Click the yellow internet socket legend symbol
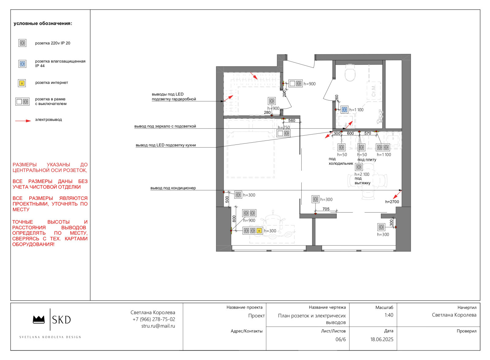coord(22,83)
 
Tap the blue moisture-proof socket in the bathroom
coord(345,110)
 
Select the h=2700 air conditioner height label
coord(392,202)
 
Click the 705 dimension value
coord(326,209)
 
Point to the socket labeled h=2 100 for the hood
coord(359,167)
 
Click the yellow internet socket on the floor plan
coord(259,231)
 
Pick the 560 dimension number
coord(292,121)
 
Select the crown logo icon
coord(39,320)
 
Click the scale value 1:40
coord(389,315)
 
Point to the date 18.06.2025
coord(382,339)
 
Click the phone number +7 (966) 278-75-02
coord(154,319)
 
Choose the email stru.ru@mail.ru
coord(158,326)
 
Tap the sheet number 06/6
coord(341,339)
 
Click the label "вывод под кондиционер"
coord(173,188)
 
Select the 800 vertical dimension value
coord(234,219)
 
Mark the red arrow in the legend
coord(23,121)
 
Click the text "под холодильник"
coord(341,161)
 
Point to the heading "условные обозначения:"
coord(43,24)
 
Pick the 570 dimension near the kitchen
coord(367,133)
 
